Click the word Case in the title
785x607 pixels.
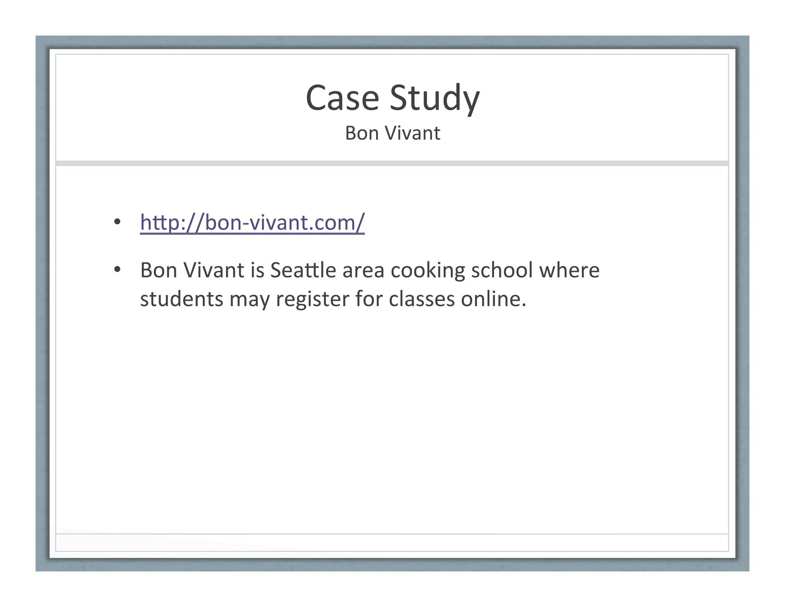(342, 98)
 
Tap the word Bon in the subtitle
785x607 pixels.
(362, 134)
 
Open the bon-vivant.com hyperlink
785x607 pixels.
(252, 222)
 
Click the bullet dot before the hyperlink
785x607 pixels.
(117, 222)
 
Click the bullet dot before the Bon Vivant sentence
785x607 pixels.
(117, 270)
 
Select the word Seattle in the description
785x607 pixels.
(303, 270)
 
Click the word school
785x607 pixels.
(502, 270)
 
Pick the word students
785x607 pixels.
(181, 299)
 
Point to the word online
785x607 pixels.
(493, 299)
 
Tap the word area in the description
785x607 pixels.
(363, 271)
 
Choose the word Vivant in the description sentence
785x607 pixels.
(213, 270)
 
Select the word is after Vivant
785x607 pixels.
(258, 270)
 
